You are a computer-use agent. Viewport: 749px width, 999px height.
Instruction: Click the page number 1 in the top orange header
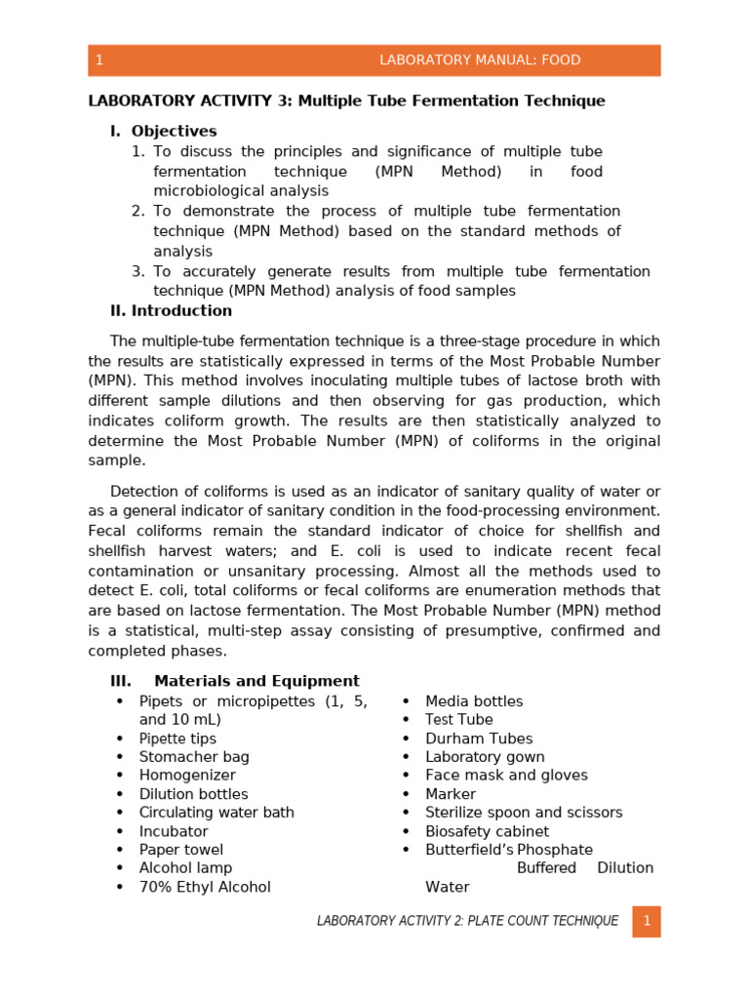click(x=99, y=60)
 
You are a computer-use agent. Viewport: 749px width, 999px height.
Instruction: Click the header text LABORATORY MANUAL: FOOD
click(x=479, y=60)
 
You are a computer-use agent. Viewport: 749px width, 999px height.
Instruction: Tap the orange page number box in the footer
click(x=646, y=921)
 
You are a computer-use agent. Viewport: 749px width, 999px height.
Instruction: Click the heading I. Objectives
click(x=164, y=131)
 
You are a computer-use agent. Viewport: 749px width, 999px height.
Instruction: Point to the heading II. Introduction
click(x=171, y=311)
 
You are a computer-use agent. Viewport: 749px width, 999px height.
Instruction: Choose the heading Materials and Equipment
click(x=256, y=681)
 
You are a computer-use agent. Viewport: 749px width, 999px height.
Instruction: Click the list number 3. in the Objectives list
click(x=138, y=271)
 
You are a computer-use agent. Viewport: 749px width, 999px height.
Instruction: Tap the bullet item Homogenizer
click(x=187, y=776)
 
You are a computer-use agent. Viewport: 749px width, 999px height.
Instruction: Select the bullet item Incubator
click(x=174, y=831)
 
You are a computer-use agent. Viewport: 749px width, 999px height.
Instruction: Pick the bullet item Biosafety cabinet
click(x=487, y=831)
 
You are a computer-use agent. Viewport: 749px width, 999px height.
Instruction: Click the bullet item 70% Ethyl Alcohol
click(x=205, y=887)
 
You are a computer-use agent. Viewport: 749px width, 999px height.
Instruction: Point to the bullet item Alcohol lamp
click(x=185, y=868)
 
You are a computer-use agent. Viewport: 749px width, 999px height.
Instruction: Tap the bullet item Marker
click(x=451, y=794)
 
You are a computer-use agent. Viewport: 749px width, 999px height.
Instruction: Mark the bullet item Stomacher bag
click(x=194, y=757)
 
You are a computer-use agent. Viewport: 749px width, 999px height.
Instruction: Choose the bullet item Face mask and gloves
click(x=506, y=776)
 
